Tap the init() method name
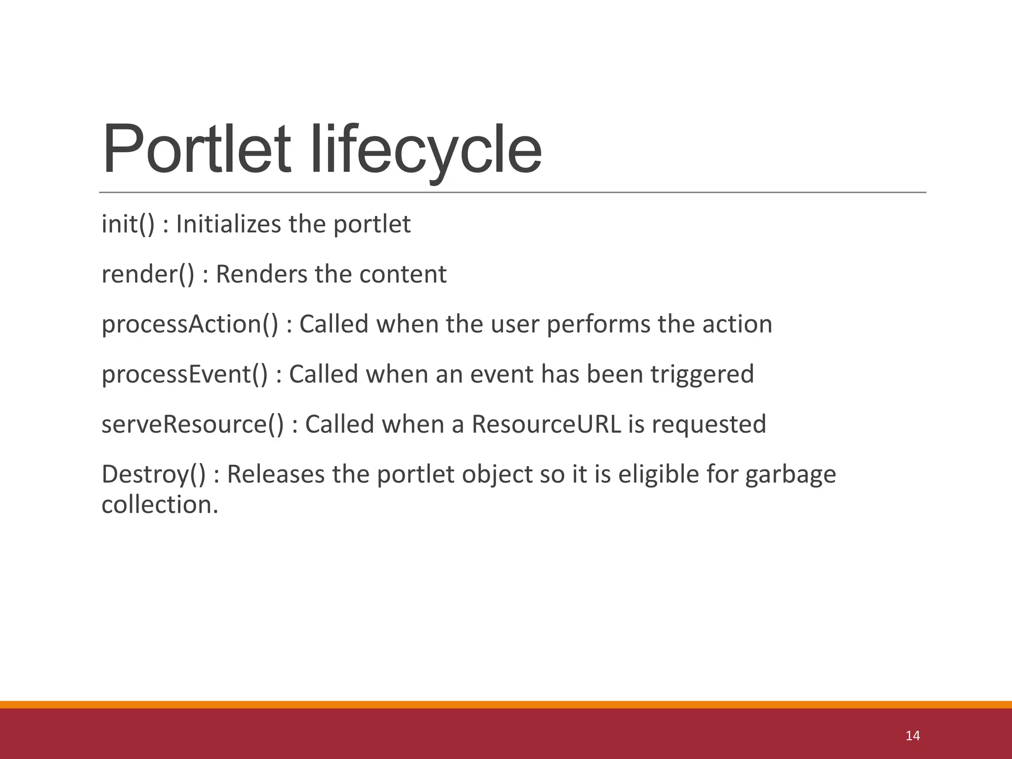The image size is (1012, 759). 128,225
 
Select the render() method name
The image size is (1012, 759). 148,275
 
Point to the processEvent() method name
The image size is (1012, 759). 184,375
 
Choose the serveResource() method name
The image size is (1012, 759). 193,424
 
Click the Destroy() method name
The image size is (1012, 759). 153,474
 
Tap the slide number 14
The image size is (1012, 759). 912,736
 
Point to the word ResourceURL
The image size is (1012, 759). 546,424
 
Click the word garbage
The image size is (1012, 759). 790,474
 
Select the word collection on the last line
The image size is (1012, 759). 159,505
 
